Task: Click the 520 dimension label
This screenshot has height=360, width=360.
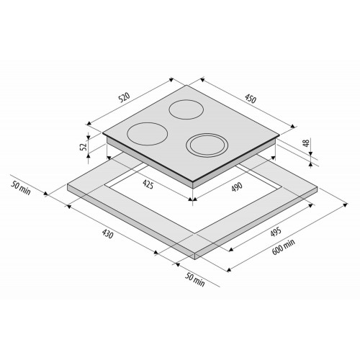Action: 125,97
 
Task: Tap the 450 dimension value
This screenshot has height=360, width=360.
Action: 251,99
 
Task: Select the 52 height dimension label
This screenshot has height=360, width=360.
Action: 83,147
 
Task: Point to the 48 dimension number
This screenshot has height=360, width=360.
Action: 306,143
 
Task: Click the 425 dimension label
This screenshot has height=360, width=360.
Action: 148,184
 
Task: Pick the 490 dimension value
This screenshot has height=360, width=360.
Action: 237,187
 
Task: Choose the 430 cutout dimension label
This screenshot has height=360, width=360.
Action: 107,234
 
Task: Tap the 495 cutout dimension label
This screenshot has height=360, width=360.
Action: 276,232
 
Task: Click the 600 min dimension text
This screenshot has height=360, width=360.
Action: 284,247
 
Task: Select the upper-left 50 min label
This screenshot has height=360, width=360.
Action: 21,188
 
